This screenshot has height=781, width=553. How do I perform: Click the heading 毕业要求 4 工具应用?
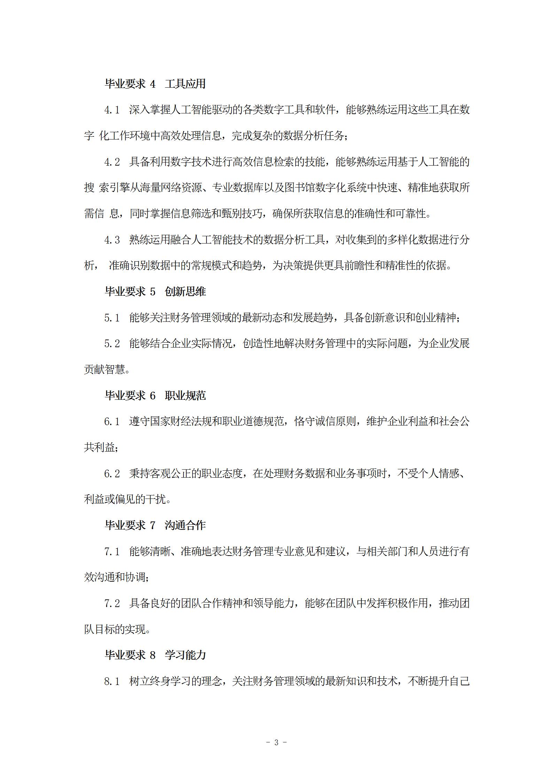(x=155, y=84)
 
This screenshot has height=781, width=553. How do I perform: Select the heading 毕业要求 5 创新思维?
(x=155, y=292)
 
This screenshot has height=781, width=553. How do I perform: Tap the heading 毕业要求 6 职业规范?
(x=155, y=396)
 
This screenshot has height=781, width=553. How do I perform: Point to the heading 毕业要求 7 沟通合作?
(x=155, y=525)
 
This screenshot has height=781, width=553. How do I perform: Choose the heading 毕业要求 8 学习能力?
(x=155, y=655)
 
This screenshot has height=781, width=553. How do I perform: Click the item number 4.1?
(x=112, y=110)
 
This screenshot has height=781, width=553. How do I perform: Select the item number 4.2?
(x=112, y=162)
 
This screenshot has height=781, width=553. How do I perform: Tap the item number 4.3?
(x=112, y=240)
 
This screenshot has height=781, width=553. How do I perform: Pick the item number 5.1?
(x=112, y=318)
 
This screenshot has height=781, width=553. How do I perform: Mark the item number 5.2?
(x=112, y=344)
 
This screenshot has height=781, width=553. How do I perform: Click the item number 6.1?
(x=112, y=422)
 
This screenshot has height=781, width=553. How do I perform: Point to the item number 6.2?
(x=112, y=474)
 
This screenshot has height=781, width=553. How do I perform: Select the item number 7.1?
(x=112, y=552)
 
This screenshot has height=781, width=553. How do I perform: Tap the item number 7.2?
(x=112, y=604)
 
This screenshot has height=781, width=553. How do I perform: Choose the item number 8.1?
(x=112, y=682)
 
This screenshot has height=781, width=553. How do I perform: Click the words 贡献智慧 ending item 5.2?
(x=104, y=370)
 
